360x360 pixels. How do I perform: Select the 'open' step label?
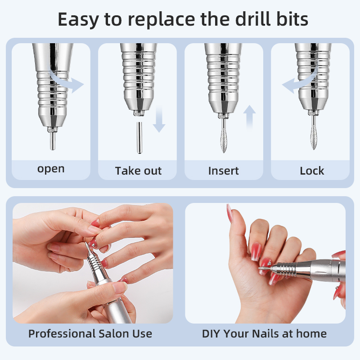[51, 170]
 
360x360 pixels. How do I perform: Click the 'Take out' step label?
[138, 171]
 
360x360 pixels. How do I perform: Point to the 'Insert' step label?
[223, 171]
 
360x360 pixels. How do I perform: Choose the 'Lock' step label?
[312, 171]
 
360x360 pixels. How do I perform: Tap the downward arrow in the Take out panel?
[159, 119]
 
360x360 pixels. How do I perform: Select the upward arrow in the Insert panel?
[249, 117]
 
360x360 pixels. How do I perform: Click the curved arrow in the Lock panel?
[298, 83]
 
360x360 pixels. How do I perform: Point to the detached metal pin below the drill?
[139, 138]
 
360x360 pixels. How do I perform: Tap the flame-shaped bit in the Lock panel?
[313, 137]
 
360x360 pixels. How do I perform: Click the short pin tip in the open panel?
[53, 141]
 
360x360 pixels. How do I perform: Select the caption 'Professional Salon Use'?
[90, 333]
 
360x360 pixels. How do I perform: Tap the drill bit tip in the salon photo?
[86, 243]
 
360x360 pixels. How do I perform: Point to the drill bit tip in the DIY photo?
[260, 267]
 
